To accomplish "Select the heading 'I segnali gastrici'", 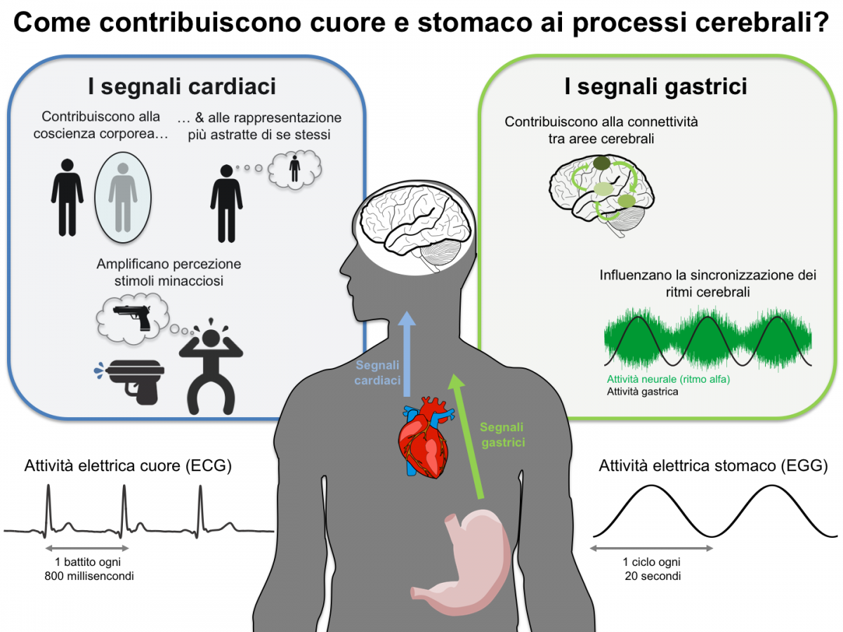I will click(655, 87).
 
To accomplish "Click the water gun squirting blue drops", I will click(131, 379).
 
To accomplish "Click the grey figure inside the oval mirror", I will click(122, 195).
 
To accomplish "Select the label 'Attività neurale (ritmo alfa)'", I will click(668, 380).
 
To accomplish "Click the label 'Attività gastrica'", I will click(642, 392).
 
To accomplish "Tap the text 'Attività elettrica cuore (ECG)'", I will click(128, 466).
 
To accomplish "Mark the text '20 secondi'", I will click(652, 576).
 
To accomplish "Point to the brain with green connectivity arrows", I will click(601, 189).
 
